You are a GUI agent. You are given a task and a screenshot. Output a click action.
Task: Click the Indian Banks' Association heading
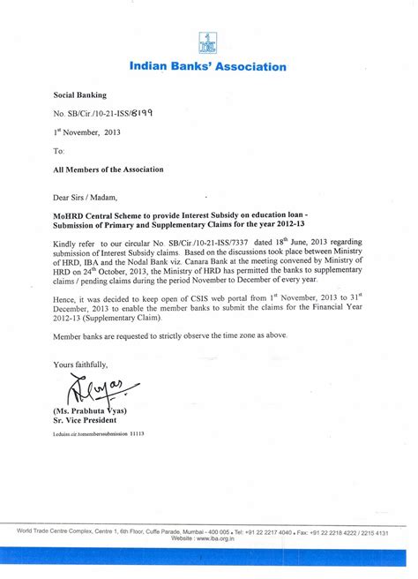point(208,66)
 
